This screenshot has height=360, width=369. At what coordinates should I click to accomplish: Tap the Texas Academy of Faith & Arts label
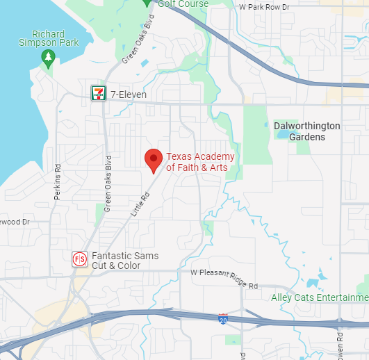pos(200,161)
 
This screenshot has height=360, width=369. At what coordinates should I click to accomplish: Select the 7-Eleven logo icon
pos(99,92)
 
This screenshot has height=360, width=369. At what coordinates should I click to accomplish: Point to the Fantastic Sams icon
pos(79,260)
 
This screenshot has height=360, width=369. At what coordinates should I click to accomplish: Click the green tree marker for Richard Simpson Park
pos(47,56)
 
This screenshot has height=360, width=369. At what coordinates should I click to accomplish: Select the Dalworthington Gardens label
pos(307,131)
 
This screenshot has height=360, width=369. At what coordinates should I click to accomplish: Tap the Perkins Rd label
pos(58,182)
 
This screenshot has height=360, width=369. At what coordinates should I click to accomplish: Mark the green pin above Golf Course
pos(147,2)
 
